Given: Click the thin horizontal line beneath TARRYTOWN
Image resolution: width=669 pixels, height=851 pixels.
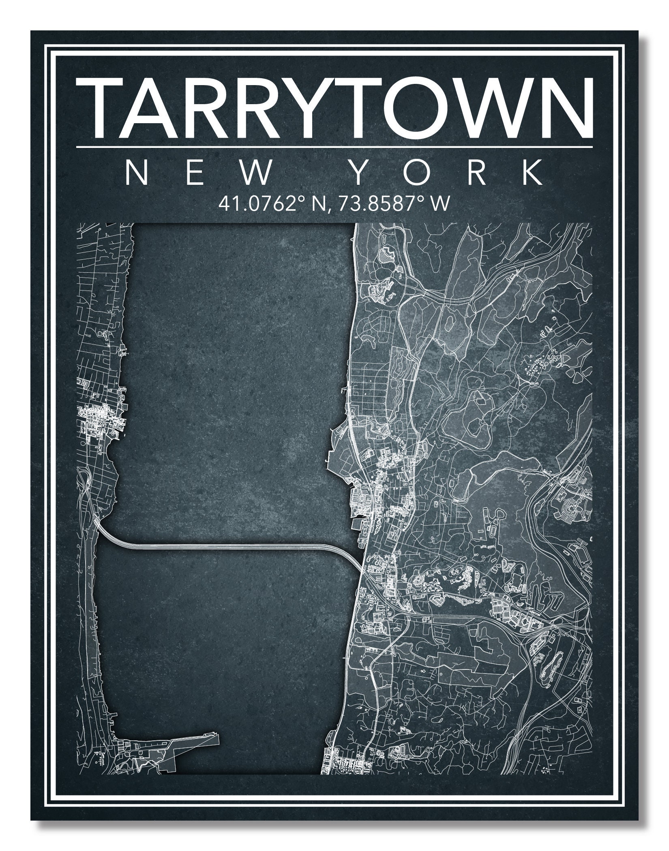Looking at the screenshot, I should (334, 147).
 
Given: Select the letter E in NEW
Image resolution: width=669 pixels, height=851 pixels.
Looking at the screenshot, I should (195, 173).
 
